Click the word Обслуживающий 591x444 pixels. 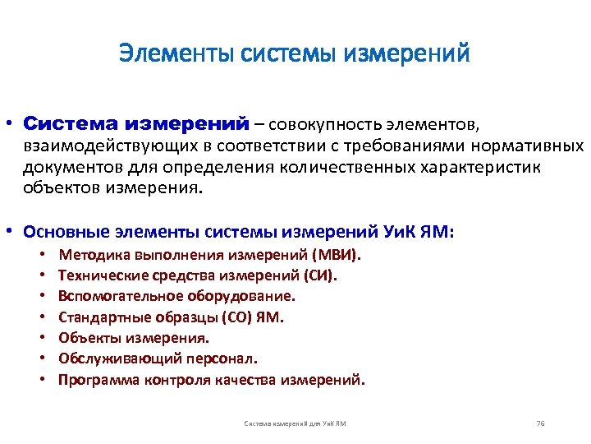(106, 358)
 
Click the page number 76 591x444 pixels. (539, 423)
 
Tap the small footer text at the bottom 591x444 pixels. (295, 423)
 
